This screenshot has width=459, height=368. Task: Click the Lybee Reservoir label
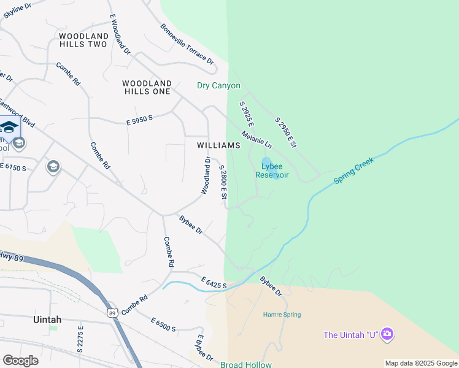point(272,170)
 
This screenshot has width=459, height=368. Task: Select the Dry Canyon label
point(218,86)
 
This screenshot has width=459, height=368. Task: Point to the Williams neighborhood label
point(218,145)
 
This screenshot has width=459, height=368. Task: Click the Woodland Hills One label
point(147,87)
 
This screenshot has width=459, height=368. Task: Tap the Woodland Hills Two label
point(83,40)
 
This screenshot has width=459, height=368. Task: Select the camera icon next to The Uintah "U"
point(387,334)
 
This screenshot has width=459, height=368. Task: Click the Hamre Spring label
point(282,315)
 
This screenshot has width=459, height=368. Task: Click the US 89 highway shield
point(111,313)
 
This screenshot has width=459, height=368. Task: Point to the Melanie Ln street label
point(256,139)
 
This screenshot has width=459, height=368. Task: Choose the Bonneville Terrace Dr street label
point(187,44)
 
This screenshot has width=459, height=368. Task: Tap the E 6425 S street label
point(215,283)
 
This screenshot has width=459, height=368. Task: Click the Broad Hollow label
point(245,365)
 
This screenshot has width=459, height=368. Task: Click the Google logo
point(20,361)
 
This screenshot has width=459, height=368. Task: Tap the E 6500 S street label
point(163,324)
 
